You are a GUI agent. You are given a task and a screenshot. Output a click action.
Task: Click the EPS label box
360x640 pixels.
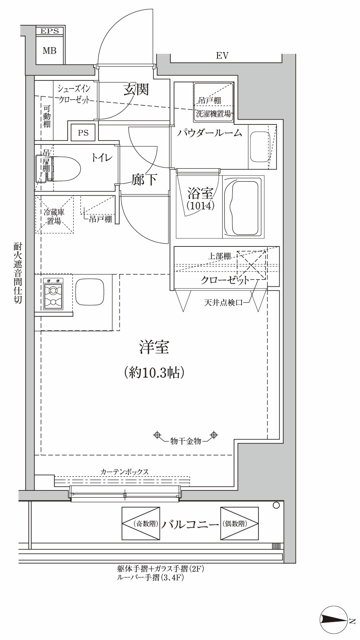tap(50, 31)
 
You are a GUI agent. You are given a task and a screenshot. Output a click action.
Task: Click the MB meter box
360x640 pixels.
tap(50, 51)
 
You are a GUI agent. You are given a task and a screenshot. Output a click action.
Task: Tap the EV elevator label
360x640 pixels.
tap(222, 56)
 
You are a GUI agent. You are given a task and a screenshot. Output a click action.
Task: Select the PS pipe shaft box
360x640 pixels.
tap(83, 133)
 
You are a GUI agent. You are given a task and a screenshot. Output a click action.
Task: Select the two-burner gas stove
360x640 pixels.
tap(53, 294)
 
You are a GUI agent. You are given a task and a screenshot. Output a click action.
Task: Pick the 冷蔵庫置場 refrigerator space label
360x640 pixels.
tap(54, 216)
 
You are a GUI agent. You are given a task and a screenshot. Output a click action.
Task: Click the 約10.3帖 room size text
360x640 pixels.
tap(154, 373)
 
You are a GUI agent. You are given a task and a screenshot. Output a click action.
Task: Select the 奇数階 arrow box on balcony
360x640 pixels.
tap(141, 523)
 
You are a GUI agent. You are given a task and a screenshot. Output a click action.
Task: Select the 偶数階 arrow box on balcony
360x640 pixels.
tap(239, 523)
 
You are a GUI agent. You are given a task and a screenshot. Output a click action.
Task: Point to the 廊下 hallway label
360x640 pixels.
tap(144, 180)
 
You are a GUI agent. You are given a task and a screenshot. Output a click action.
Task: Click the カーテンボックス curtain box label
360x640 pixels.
tap(124, 472)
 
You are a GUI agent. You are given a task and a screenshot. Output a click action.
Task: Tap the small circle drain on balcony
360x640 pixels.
tap(276, 506)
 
